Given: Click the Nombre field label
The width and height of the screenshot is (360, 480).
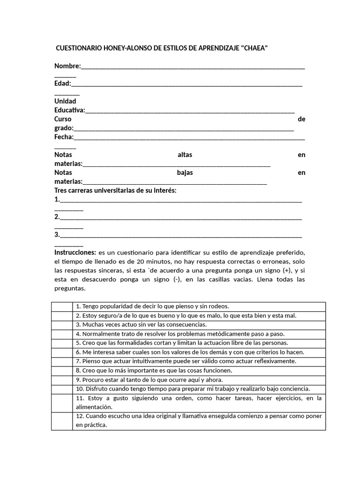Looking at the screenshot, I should click(67, 66).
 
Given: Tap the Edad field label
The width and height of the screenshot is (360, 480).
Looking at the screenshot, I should click(62, 83).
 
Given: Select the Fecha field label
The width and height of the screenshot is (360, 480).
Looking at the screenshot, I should click(64, 137).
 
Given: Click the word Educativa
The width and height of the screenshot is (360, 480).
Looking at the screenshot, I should click(69, 110).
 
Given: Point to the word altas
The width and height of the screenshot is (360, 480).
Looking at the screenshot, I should click(185, 155).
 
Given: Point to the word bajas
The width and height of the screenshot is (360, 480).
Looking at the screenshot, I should click(185, 172).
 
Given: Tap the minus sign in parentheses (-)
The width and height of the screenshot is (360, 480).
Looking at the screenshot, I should click(176, 279).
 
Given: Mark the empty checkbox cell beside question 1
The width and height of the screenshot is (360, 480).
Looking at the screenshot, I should click(62, 307).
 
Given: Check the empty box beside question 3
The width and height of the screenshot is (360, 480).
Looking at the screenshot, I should click(62, 324).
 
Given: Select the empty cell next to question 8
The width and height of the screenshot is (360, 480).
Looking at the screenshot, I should click(62, 370).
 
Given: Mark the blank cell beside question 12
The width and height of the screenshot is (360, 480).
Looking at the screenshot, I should click(62, 421).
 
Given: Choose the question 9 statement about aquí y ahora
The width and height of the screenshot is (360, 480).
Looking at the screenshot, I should click(149, 380).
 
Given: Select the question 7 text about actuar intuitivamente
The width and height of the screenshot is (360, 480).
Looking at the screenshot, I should click(186, 361).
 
